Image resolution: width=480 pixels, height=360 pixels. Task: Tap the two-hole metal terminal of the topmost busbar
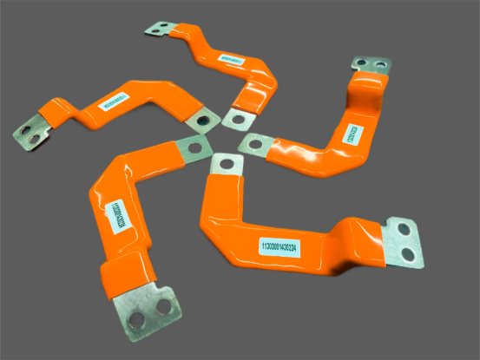tap(161, 30)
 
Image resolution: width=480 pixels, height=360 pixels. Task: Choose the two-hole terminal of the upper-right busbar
tap(372, 66)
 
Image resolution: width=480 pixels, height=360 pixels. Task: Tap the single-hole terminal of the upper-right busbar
tap(253, 143)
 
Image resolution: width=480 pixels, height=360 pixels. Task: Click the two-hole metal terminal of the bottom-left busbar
tap(152, 307)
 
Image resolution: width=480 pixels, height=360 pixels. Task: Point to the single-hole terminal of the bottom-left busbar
tap(194, 147)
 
